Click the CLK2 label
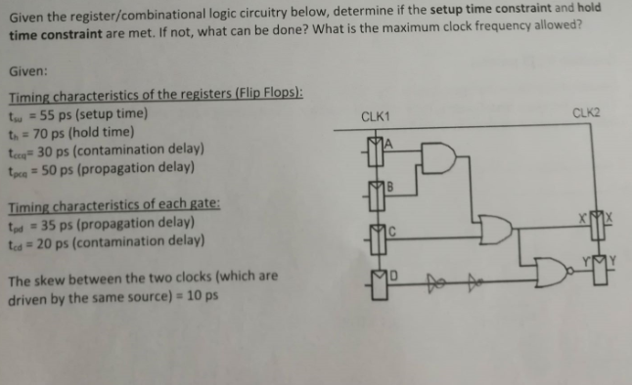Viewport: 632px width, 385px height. click(x=587, y=113)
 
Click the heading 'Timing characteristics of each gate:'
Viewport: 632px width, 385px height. click(x=113, y=206)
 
